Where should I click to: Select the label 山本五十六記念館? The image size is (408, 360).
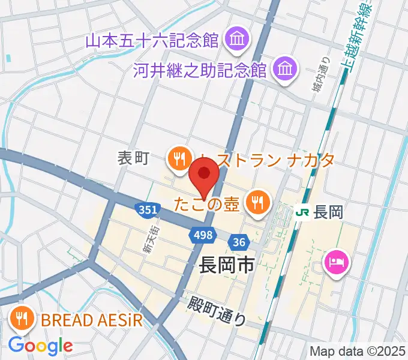point(151,41)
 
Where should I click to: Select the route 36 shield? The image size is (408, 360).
point(239,242)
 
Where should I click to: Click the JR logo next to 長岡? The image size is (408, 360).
point(304,212)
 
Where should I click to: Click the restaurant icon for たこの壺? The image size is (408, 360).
point(257,202)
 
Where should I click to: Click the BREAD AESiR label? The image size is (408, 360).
point(92,320)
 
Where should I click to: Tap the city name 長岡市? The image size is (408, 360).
point(226,265)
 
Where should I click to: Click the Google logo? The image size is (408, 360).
point(40,345)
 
